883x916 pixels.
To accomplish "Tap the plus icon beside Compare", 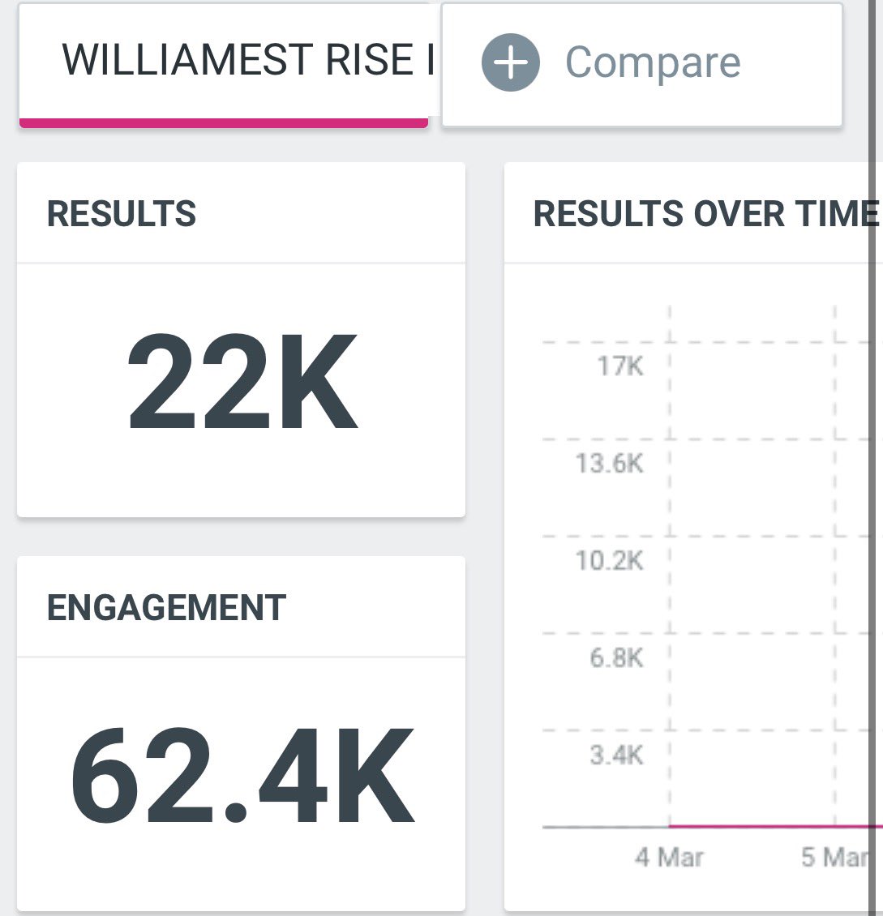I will coord(510,62).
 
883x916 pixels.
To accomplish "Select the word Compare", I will coord(653,62).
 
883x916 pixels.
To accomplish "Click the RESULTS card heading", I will coord(122,214).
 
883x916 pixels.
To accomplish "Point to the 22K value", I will coord(242,382).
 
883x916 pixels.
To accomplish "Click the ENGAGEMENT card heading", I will coord(166,608).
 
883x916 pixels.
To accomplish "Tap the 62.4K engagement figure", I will coord(242,777).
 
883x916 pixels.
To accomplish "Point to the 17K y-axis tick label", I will coord(620,366).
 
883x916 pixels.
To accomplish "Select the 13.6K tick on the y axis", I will coord(609,464).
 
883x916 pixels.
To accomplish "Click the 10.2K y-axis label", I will coord(609,560).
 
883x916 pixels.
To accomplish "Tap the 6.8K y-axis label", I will coord(616,657).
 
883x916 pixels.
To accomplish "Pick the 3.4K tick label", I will coord(616,755).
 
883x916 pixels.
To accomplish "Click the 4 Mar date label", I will coord(669,858).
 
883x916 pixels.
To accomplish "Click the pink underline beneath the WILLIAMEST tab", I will coord(224,122).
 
